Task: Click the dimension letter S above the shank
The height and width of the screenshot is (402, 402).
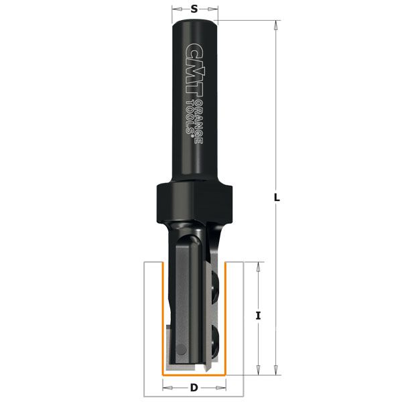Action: pyautogui.click(x=195, y=9)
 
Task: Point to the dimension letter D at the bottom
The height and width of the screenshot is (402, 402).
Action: pyautogui.click(x=194, y=388)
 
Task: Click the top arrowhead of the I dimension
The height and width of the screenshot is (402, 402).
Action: pyautogui.click(x=258, y=267)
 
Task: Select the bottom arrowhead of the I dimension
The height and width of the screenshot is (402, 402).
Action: pyautogui.click(x=258, y=369)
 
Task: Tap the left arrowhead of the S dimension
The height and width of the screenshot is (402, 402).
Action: pyautogui.click(x=175, y=9)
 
